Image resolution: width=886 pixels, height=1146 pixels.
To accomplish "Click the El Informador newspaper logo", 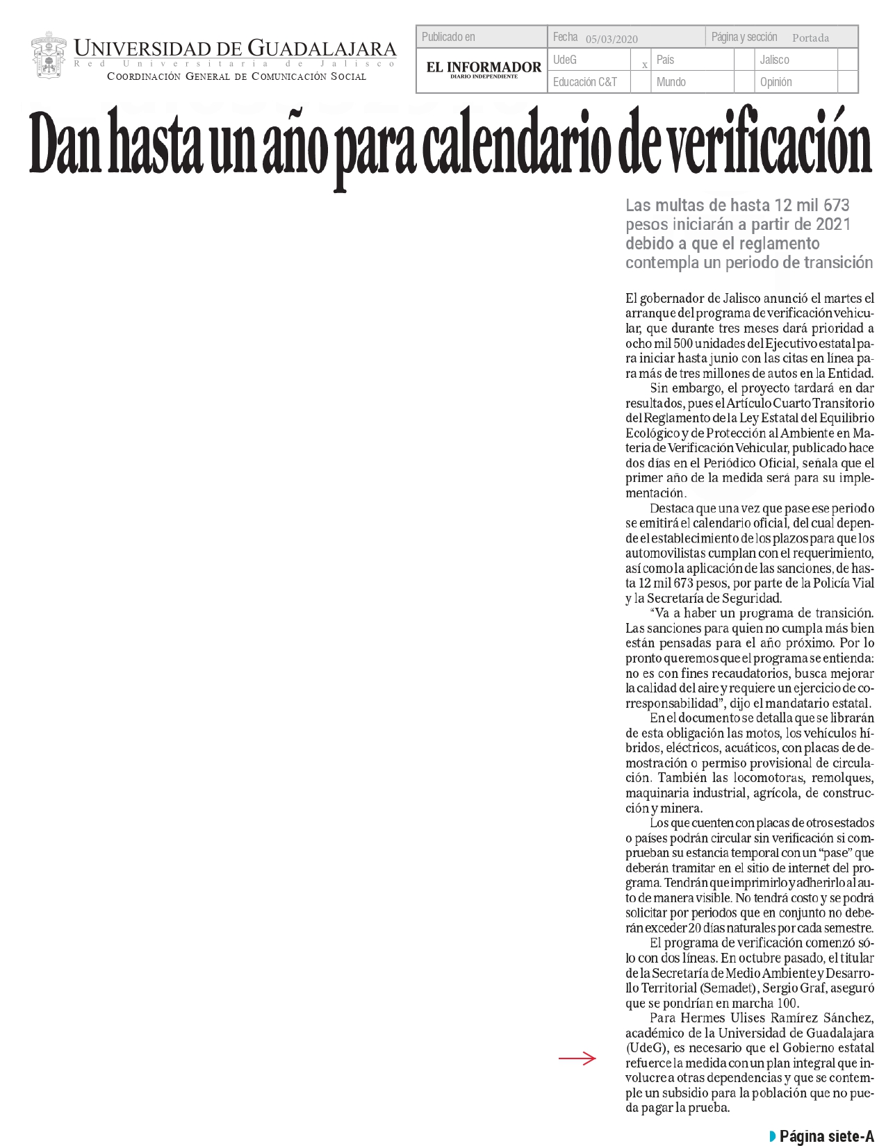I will pos(483,69).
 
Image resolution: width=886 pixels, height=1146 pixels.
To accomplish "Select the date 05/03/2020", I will pos(612,39).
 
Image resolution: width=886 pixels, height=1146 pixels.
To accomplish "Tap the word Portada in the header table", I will pos(810,38).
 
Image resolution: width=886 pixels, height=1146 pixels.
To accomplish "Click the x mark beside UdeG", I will pos(645,65).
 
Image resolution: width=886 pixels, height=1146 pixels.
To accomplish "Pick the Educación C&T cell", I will pos(584,82).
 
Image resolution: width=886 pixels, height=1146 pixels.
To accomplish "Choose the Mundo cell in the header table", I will pos(671,82).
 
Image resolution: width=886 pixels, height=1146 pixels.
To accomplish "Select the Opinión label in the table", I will pos(776,82).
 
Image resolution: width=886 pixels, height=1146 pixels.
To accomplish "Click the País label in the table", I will pos(665,60).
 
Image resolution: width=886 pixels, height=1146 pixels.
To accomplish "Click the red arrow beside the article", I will pos(577,1058).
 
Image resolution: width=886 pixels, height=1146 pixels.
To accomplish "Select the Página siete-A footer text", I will pos(826,1136).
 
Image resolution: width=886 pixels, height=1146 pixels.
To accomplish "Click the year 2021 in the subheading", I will pos(832,224).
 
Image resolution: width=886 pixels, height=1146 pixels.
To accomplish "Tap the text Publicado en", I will pos(448,37).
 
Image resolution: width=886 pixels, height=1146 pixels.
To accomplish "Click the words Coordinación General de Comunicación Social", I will pos(236,76).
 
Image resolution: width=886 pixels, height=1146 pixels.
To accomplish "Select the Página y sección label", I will pos(744,37).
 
